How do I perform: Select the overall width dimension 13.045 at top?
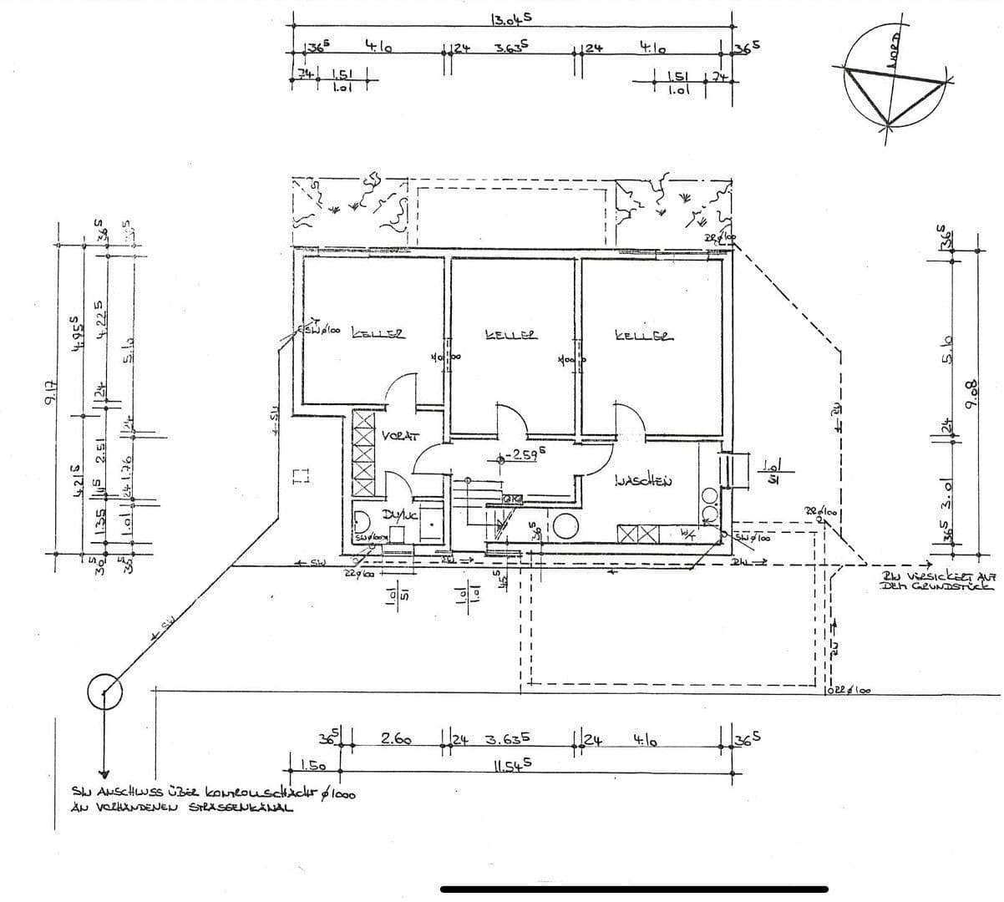point(511,18)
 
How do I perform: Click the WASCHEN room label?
point(642,480)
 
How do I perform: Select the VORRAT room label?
point(400,436)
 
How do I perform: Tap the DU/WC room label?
point(398,515)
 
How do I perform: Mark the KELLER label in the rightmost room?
point(641,337)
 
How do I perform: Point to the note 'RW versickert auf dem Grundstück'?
point(938,581)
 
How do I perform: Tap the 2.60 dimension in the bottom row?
point(396,739)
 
